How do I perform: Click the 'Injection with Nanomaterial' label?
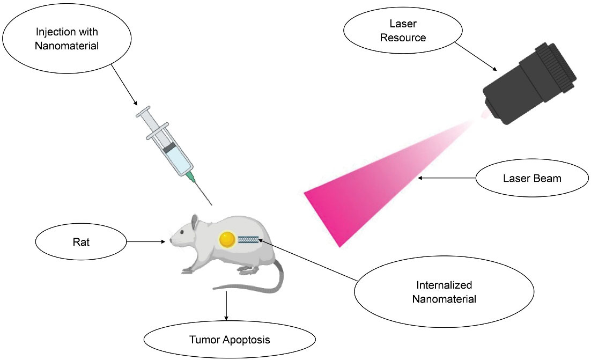click(x=67, y=39)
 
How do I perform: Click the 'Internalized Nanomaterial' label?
click(x=444, y=292)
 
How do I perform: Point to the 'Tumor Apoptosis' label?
click(x=229, y=340)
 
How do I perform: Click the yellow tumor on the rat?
click(x=227, y=239)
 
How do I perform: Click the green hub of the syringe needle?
click(x=190, y=177)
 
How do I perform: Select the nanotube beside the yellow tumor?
click(x=248, y=239)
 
